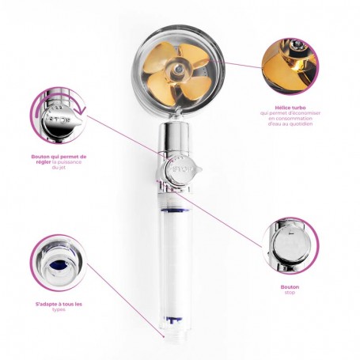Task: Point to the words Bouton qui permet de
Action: [x=61, y=157]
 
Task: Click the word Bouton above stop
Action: [x=290, y=287]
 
